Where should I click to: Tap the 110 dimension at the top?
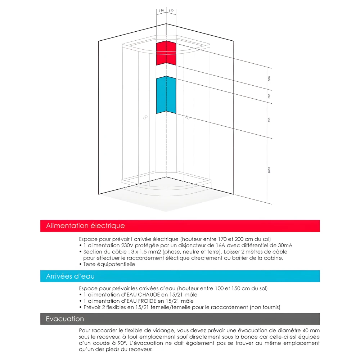(161, 11)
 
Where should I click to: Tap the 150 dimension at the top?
(171, 11)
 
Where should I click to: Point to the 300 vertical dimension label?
(269, 78)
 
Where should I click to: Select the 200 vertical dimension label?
(269, 96)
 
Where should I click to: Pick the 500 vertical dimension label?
(269, 120)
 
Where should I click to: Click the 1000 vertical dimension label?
(269, 170)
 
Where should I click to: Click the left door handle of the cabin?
(145, 117)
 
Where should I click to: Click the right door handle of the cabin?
(187, 117)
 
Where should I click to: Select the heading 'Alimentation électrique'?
(85, 226)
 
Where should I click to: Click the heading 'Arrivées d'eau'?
(70, 276)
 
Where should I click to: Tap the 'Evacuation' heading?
(65, 319)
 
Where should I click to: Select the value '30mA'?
(284, 245)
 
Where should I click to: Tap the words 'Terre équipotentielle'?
(109, 264)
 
